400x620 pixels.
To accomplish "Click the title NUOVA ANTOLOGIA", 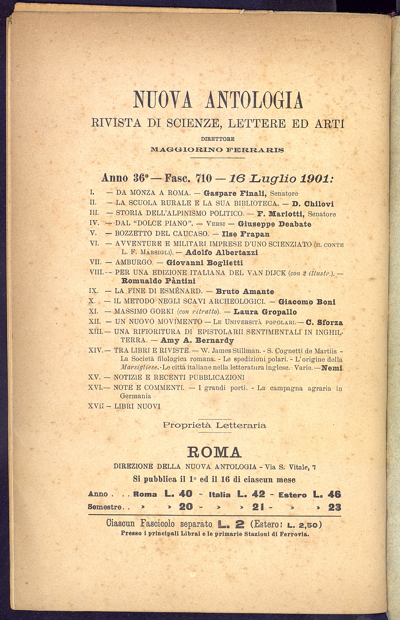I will click(x=218, y=100).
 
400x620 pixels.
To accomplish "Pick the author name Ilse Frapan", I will click(x=243, y=234).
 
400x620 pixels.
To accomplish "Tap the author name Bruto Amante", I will click(x=245, y=291).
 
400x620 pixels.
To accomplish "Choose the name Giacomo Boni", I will click(x=302, y=302).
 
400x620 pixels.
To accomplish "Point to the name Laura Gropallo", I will click(x=265, y=312).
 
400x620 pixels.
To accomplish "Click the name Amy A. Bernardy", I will click(x=197, y=340).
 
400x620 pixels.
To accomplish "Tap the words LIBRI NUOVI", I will click(x=138, y=406).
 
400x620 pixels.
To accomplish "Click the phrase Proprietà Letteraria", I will click(x=214, y=425).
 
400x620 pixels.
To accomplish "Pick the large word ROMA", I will click(x=214, y=452).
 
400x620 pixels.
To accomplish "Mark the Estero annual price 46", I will click(x=334, y=494).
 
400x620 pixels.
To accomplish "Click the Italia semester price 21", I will click(x=259, y=507).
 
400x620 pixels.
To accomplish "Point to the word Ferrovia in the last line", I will click(x=295, y=534).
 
